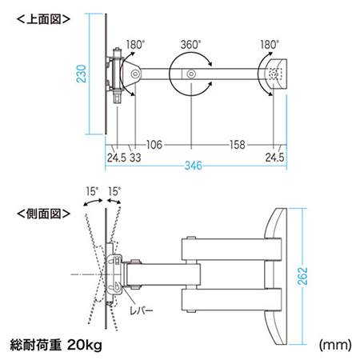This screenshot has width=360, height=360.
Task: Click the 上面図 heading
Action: (x=43, y=19)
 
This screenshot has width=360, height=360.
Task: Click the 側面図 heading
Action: (x=43, y=214)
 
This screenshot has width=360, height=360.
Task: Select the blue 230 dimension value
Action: (x=82, y=74)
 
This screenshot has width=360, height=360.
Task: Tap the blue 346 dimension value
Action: (x=194, y=166)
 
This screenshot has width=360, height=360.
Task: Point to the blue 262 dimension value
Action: (x=302, y=276)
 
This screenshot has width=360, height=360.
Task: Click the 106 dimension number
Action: (x=154, y=145)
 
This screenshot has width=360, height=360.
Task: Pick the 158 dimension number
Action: (x=238, y=145)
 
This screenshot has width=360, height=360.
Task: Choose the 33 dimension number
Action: (x=135, y=158)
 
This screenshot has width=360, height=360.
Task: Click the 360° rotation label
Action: (x=190, y=45)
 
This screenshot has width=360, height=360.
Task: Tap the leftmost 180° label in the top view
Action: (x=135, y=45)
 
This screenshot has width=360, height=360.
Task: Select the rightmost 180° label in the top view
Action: (x=270, y=45)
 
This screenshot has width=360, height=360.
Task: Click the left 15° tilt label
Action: (x=92, y=191)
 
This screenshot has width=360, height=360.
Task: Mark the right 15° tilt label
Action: (x=114, y=191)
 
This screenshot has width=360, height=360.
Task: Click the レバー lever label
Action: (x=142, y=310)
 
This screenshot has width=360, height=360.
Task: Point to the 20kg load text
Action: (x=85, y=345)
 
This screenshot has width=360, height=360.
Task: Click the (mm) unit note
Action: (x=335, y=345)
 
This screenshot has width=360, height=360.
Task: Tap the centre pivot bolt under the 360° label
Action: (x=191, y=74)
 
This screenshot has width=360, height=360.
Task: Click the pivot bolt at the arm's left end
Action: (x=135, y=74)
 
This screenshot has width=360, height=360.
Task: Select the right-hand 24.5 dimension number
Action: (x=274, y=158)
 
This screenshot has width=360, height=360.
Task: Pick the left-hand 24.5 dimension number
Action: (x=117, y=158)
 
